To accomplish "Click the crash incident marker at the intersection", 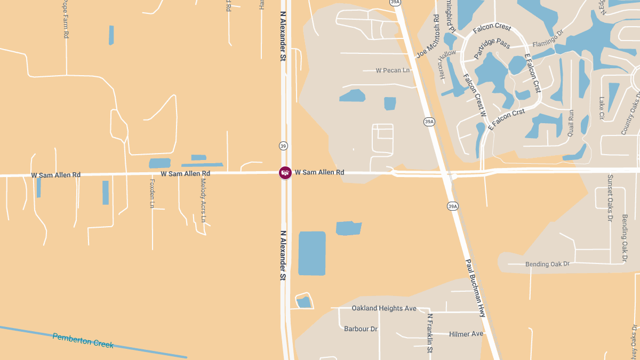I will click(285, 173).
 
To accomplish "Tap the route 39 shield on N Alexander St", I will click(283, 146).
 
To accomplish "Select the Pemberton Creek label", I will click(83, 340).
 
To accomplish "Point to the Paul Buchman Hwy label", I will click(475, 288).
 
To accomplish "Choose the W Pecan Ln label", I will click(393, 70).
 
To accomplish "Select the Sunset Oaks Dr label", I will click(610, 197).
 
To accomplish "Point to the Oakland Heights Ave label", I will click(384, 308).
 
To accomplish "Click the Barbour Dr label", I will click(361, 329).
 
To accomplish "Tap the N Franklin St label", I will click(430, 333).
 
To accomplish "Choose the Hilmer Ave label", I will click(466, 334).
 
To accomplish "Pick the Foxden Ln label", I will click(152, 193).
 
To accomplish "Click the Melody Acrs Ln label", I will click(203, 200).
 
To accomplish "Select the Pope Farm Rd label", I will click(66, 19).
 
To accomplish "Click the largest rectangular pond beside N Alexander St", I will click(312, 253).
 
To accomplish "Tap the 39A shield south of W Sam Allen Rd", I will click(452, 206).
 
